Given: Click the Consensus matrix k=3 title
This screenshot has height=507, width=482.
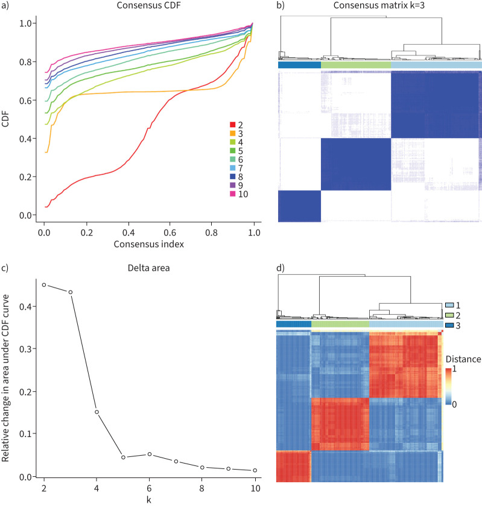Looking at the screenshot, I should [x=380, y=7].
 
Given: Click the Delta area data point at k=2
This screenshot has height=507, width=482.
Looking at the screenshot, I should [x=43, y=285].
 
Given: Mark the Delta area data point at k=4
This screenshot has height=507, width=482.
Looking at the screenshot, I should [x=97, y=412].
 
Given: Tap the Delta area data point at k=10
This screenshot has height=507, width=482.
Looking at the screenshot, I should [x=255, y=470].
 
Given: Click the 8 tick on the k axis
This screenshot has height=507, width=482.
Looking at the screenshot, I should [x=202, y=488].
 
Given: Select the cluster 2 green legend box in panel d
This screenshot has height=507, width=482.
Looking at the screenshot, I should [x=449, y=315].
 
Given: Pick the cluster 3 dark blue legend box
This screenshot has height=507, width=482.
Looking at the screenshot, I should [x=449, y=326].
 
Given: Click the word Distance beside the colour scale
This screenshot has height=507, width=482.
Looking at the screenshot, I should [x=463, y=359].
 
